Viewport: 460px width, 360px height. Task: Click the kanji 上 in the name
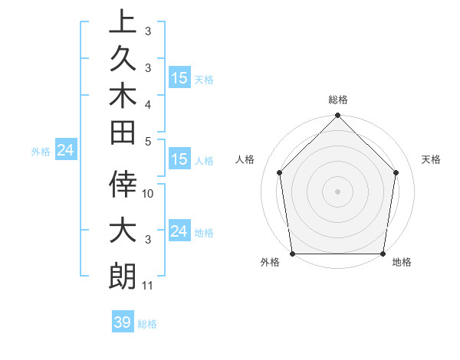tap(123, 21)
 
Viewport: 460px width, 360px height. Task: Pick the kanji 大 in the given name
tap(123, 230)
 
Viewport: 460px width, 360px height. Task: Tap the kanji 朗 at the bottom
tap(123, 274)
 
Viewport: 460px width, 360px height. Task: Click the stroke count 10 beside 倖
tap(148, 194)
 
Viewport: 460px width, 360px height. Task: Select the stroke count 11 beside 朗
tap(148, 286)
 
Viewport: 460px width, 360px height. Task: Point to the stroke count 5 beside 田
tap(148, 141)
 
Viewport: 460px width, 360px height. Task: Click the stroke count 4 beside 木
tap(148, 103)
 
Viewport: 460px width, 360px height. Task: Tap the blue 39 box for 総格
tap(123, 322)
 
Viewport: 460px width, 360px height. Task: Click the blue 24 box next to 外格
tap(66, 150)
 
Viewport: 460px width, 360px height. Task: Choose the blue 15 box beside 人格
tap(179, 160)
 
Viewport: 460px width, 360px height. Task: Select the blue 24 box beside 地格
tap(179, 231)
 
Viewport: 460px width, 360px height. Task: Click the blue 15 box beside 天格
tap(179, 78)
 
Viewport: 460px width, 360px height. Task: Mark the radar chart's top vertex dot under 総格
tap(337, 116)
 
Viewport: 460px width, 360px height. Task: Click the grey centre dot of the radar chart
tap(337, 191)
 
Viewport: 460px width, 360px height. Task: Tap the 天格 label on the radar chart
tap(432, 159)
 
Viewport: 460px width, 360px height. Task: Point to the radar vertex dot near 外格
tap(293, 254)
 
